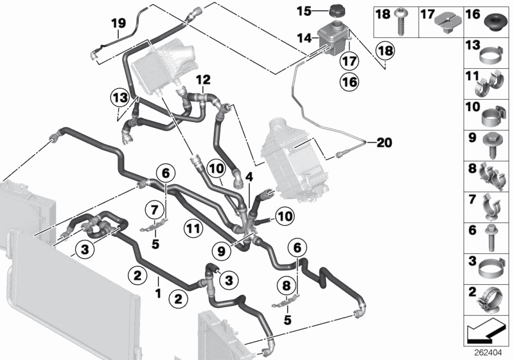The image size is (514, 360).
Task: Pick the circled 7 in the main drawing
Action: pos(155,208)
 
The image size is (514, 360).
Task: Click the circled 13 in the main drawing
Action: pos(119,97)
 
